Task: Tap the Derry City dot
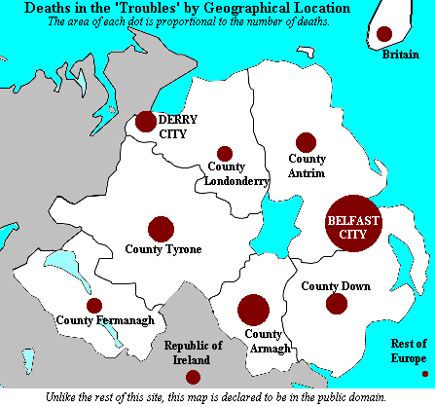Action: click(x=146, y=122)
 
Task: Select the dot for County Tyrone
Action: click(x=161, y=230)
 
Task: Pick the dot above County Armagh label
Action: click(x=254, y=310)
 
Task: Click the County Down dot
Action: click(x=337, y=304)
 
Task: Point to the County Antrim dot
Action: click(x=307, y=143)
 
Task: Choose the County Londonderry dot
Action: click(x=225, y=154)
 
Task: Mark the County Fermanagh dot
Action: click(x=94, y=306)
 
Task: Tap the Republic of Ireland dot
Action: click(x=193, y=377)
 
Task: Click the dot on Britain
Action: click(x=384, y=34)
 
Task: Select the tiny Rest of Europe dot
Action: click(x=424, y=374)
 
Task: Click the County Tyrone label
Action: click(x=163, y=250)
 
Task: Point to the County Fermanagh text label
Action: click(x=94, y=321)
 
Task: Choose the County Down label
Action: click(x=335, y=285)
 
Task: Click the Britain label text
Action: click(x=400, y=55)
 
